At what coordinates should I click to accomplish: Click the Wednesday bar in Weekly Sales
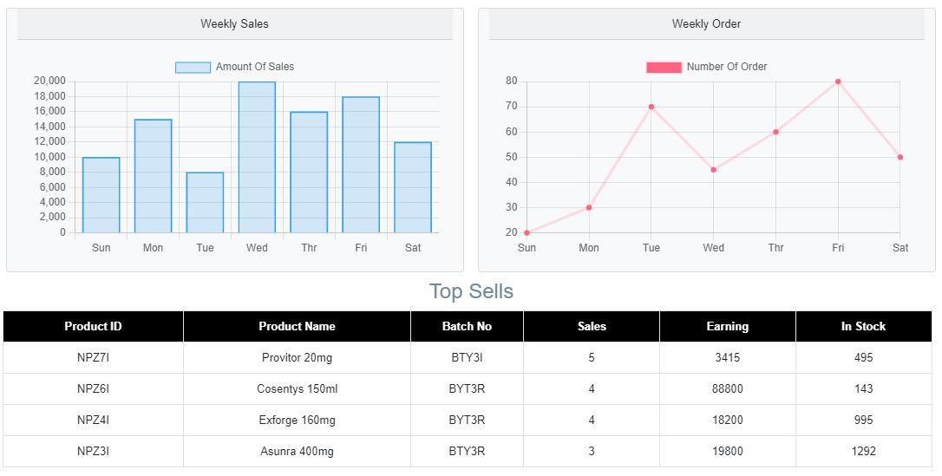click(257, 158)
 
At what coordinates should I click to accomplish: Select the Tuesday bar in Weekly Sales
click(205, 203)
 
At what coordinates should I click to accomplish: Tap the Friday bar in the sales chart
click(361, 165)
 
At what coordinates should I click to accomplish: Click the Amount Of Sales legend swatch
click(193, 68)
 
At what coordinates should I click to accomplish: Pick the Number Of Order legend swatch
click(664, 68)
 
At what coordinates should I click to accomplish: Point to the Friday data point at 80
click(838, 82)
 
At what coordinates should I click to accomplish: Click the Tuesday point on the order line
click(651, 107)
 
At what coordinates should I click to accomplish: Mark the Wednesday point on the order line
click(714, 170)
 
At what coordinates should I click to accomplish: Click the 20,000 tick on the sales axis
click(49, 81)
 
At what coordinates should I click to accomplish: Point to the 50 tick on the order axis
click(511, 157)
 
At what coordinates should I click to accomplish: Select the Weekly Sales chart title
click(234, 24)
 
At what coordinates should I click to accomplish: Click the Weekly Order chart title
click(706, 24)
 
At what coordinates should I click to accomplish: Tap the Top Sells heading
click(471, 291)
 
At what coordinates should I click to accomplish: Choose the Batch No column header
click(467, 327)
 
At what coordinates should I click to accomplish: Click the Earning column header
click(727, 327)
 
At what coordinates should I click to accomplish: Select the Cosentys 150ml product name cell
click(297, 389)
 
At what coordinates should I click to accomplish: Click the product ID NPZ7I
click(93, 358)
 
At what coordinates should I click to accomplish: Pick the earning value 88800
click(727, 389)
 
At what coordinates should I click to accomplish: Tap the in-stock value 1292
click(863, 452)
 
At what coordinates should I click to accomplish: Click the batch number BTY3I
click(467, 358)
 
